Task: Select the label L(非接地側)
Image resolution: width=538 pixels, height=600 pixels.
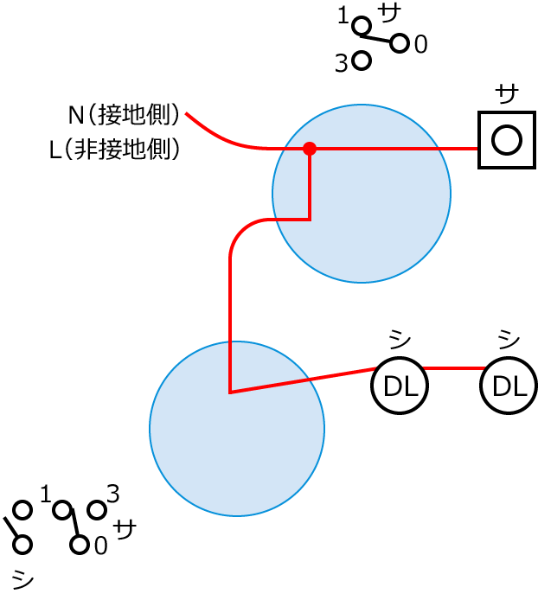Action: point(114,150)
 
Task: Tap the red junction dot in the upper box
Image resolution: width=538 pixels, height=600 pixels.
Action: point(310,149)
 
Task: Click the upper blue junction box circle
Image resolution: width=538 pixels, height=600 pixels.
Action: point(362,194)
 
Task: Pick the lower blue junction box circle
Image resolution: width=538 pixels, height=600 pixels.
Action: point(237,429)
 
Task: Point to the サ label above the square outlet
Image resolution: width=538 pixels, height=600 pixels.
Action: point(508,92)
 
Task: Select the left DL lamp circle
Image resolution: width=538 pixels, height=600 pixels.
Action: point(400,386)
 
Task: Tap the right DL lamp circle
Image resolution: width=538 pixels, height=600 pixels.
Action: point(509,386)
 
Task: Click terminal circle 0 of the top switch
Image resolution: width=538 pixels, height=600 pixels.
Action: point(399,43)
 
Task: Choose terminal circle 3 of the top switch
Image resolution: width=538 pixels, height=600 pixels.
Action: point(362,61)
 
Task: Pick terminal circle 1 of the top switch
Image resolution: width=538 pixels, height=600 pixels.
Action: point(362,25)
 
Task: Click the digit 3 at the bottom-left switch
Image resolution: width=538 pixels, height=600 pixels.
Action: point(112,494)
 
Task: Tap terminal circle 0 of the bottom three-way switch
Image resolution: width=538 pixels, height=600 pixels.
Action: point(80,545)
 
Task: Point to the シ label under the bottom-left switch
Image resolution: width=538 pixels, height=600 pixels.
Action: point(23,579)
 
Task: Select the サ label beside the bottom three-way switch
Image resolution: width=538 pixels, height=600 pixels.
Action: point(126,528)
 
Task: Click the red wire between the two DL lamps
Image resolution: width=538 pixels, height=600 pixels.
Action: point(453,368)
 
